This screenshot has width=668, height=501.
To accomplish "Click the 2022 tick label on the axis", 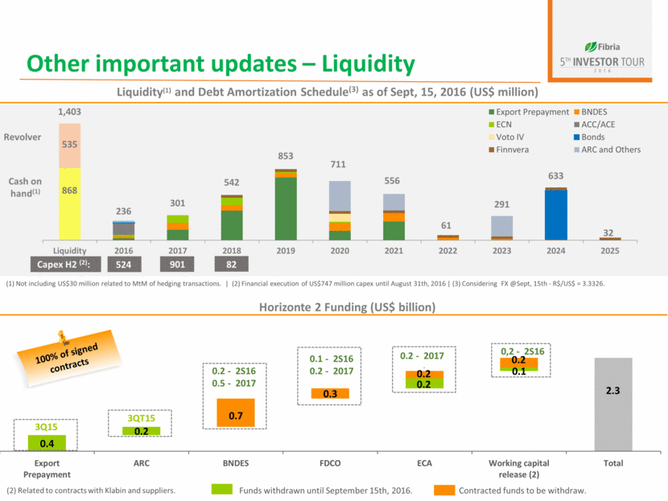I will point(447,249).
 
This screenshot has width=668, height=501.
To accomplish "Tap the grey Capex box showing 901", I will point(177,263).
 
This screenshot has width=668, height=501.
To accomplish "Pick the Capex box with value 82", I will point(231,263).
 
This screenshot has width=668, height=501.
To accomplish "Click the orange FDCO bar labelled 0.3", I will point(330,394).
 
